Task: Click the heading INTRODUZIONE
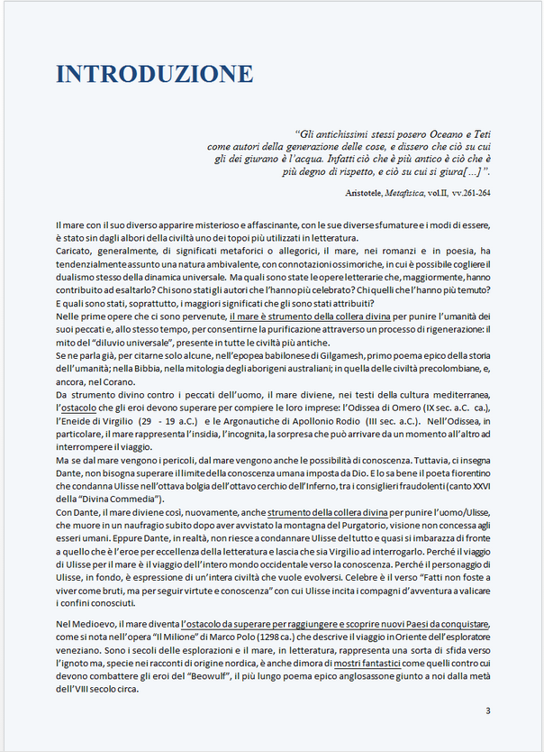point(155,74)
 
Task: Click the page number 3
point(487,711)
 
